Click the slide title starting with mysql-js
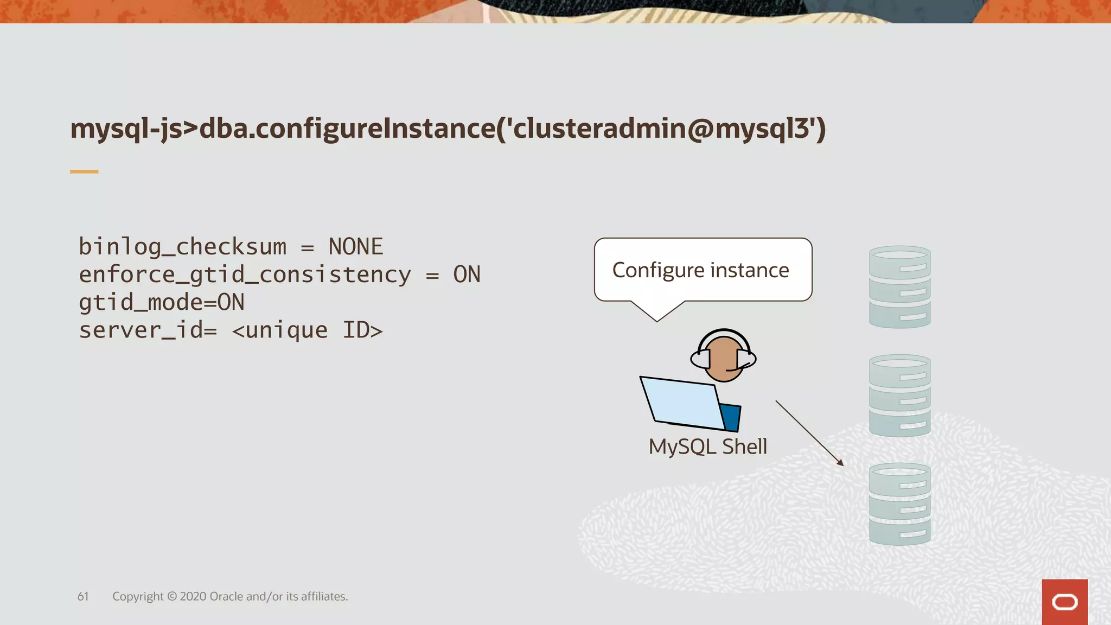tap(448, 129)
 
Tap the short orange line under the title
tap(84, 171)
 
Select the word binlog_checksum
tap(182, 247)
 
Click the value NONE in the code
tap(356, 247)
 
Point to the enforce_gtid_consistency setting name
tap(245, 275)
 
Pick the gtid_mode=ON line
tap(162, 302)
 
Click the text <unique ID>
tap(307, 330)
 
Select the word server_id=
tap(148, 330)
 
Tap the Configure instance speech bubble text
tap(700, 270)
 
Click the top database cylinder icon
tap(899, 286)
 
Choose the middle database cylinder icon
tap(899, 395)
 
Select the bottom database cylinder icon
tap(899, 503)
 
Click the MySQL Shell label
tap(708, 447)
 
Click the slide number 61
tap(83, 596)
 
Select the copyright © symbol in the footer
tap(172, 596)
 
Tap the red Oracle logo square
tap(1064, 602)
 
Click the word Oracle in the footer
tap(226, 596)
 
